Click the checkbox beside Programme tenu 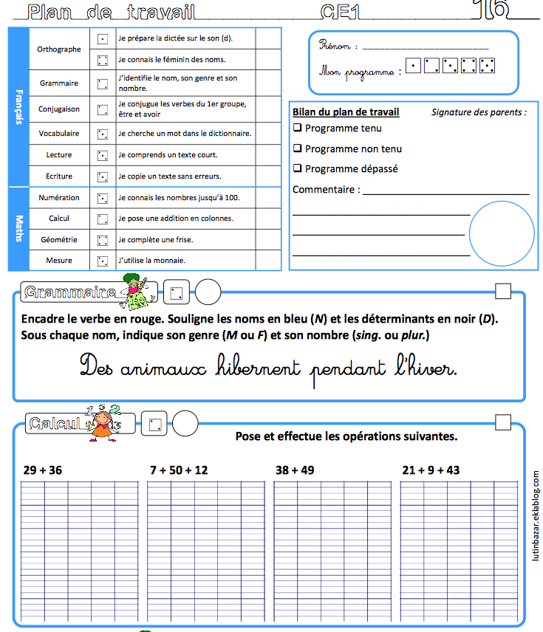(298, 128)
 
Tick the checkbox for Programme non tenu (298, 149)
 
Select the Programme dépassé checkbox (298, 169)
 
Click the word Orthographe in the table (59, 49)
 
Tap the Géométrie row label (59, 240)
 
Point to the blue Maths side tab (18, 228)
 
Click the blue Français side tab (18, 107)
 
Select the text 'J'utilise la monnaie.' (151, 261)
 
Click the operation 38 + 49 (295, 470)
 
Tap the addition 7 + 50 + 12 (179, 470)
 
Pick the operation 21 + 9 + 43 (431, 470)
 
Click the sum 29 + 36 (43, 470)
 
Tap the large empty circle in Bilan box (502, 233)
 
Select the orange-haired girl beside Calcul (115, 424)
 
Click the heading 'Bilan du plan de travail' (346, 112)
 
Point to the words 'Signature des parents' (479, 113)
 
